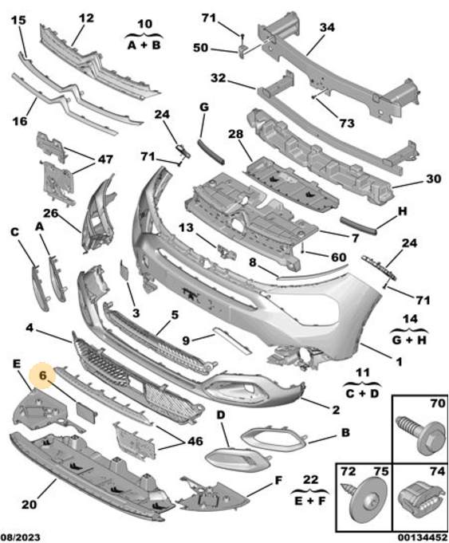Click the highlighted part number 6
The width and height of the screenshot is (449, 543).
coord(43,375)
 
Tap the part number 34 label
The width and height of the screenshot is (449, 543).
coord(327,27)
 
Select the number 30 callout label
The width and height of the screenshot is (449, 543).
coord(433,179)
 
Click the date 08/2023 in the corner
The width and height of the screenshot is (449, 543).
coord(21,537)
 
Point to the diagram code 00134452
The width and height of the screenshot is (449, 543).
coord(423,537)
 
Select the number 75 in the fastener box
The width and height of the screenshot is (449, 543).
coord(380,472)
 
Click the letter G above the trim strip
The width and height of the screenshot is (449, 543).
coord(204,108)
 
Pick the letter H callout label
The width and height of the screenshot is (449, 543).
coord(402,211)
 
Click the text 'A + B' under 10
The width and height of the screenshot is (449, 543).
coord(144,45)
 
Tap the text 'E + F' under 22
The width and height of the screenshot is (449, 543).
coord(309,501)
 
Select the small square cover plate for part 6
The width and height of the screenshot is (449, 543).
coord(86,412)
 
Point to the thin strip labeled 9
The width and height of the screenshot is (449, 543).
coord(232,340)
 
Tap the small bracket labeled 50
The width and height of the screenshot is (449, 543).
coord(243,50)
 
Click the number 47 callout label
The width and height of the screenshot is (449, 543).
coord(105,159)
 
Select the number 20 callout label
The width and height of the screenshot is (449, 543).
coord(29,504)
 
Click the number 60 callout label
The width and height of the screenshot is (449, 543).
coord(338,257)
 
